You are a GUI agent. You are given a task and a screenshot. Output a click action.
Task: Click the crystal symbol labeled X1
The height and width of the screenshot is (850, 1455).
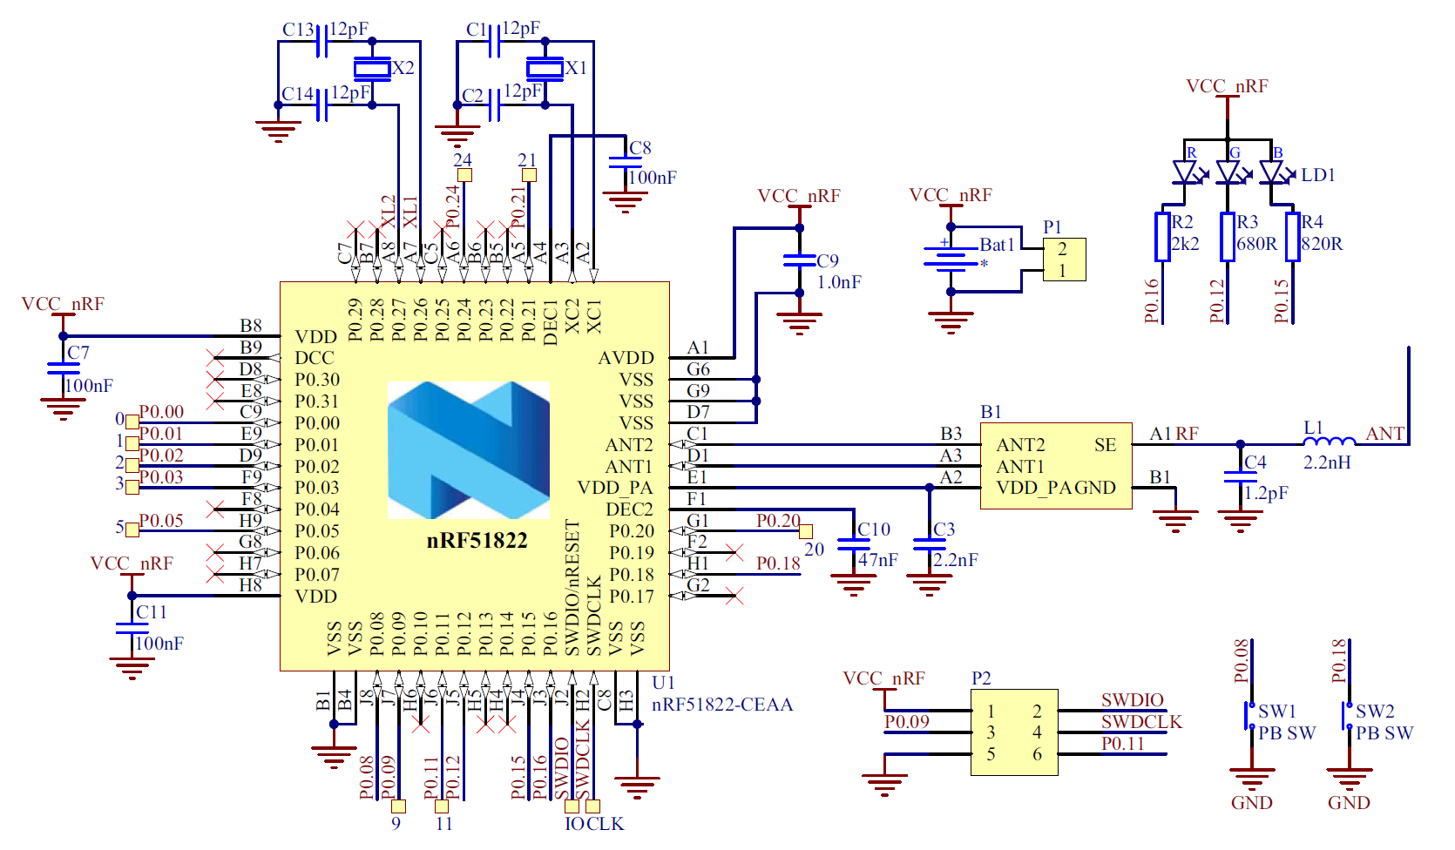545,68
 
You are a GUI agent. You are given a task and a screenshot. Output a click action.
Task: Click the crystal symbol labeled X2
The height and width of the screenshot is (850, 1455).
372,68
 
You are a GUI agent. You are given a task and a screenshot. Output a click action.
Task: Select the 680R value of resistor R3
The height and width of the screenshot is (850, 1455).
1256,244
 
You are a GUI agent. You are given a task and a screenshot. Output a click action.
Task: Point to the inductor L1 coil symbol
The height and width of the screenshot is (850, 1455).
1330,442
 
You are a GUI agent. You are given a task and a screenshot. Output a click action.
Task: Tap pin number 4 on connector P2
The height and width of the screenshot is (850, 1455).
1037,732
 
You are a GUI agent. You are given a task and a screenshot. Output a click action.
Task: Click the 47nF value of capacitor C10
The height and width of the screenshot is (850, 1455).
877,560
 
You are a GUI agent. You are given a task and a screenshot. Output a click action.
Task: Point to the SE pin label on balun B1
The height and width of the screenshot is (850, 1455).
1105,445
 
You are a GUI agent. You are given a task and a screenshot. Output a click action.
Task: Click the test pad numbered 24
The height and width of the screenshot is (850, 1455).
464,175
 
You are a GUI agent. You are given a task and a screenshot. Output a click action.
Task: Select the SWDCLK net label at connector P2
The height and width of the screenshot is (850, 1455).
1141,722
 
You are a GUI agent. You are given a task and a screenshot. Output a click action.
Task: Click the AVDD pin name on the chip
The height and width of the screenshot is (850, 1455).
626,358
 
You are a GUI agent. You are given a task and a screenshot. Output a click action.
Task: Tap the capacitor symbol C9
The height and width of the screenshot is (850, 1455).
799,260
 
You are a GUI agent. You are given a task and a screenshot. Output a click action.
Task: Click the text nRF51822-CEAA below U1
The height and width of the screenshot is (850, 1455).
722,705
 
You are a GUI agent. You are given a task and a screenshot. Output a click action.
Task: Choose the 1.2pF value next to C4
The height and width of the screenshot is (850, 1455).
1265,493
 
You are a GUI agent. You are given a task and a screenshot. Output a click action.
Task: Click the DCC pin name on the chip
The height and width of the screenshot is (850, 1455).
314,358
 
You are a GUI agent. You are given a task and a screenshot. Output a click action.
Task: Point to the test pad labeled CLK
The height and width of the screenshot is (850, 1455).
593,806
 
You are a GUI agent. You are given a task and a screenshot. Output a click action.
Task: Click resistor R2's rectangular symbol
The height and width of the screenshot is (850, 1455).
1162,236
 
